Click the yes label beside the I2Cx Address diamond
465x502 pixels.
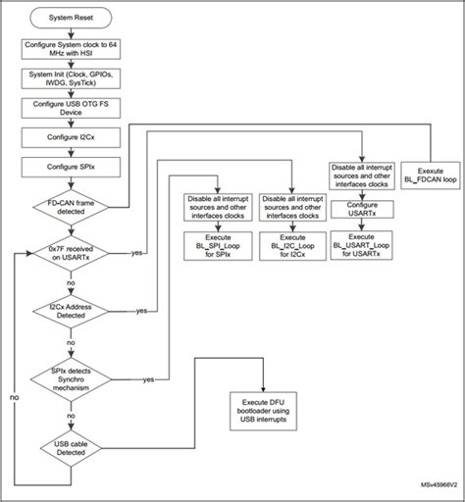coord(142,311)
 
